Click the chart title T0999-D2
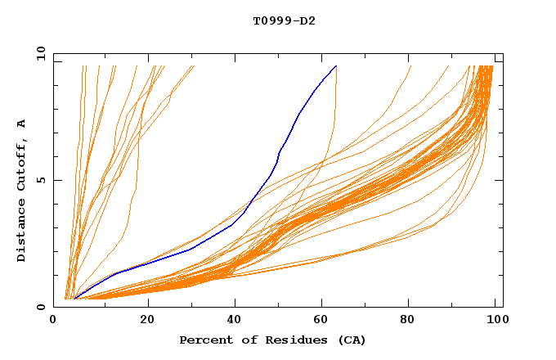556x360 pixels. click(284, 20)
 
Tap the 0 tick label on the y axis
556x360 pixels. click(43, 308)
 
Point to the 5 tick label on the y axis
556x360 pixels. click(43, 180)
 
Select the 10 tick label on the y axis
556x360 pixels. click(39, 53)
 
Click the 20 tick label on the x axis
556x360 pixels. click(148, 320)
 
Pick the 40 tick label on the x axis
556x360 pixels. click(235, 320)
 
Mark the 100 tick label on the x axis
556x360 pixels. click(495, 320)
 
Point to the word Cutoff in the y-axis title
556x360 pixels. click(21, 164)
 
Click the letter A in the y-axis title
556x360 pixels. click(21, 124)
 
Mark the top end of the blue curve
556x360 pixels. click(336, 66)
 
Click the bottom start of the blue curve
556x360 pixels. click(75, 299)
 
